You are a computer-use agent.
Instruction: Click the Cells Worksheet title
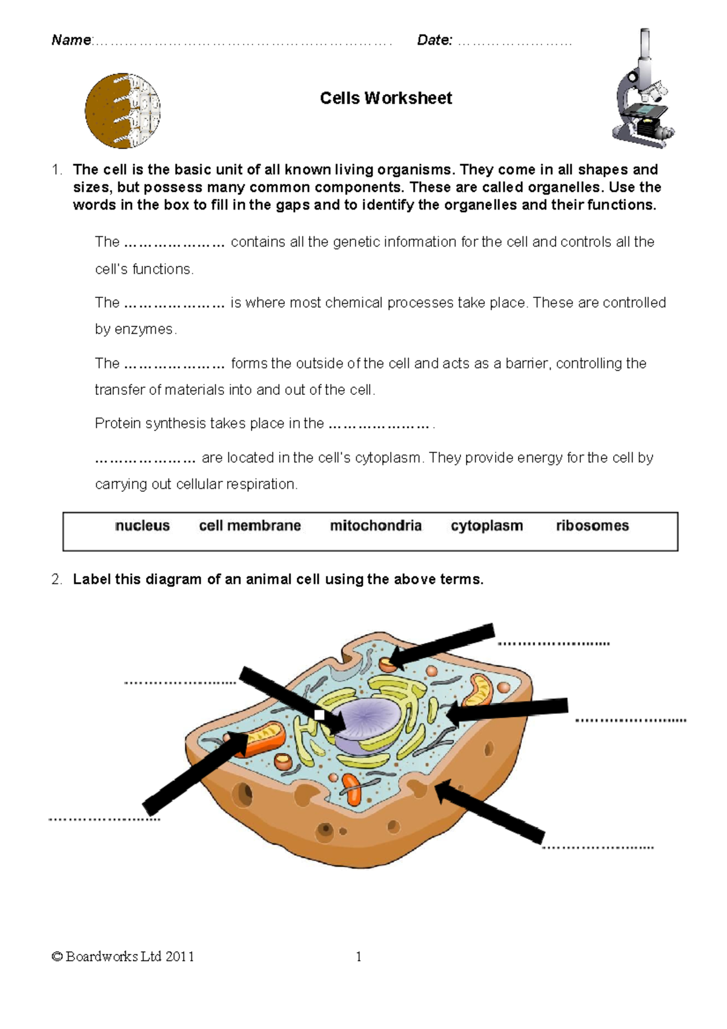386,98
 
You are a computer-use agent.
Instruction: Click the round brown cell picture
122,111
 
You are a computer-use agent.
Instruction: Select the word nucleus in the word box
142,526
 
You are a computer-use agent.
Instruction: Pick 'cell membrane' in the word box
250,526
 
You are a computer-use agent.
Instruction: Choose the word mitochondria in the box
376,526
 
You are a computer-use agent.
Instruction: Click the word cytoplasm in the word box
486,526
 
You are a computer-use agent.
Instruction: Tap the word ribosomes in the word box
592,526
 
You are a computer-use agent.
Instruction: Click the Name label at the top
71,41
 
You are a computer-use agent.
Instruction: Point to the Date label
434,41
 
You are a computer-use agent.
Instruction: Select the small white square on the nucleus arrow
319,715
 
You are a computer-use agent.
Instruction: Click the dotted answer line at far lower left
104,819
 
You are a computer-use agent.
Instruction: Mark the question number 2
56,580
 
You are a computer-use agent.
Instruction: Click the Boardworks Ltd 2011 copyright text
123,957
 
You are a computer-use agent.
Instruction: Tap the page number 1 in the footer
359,957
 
